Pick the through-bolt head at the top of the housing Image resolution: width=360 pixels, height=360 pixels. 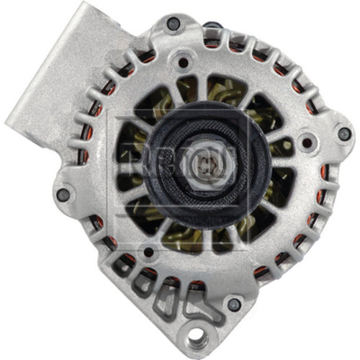(171, 24)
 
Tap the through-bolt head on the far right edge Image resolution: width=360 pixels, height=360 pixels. (343, 135)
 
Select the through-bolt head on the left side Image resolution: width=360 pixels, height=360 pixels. (63, 193)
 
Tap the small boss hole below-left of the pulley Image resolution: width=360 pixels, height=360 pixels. (148, 252)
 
